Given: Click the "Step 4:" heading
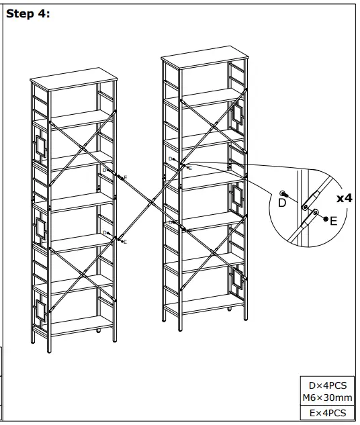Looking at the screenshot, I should pyautogui.click(x=28, y=13).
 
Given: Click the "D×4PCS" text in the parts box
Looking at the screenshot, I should pyautogui.click(x=327, y=386).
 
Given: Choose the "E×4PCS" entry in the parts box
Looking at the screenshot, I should pyautogui.click(x=327, y=413).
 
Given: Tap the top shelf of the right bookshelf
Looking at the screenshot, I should pyautogui.click(x=206, y=58).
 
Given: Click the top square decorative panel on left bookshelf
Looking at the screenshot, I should pyautogui.click(x=39, y=145).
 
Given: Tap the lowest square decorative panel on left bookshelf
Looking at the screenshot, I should pyautogui.click(x=39, y=309).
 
